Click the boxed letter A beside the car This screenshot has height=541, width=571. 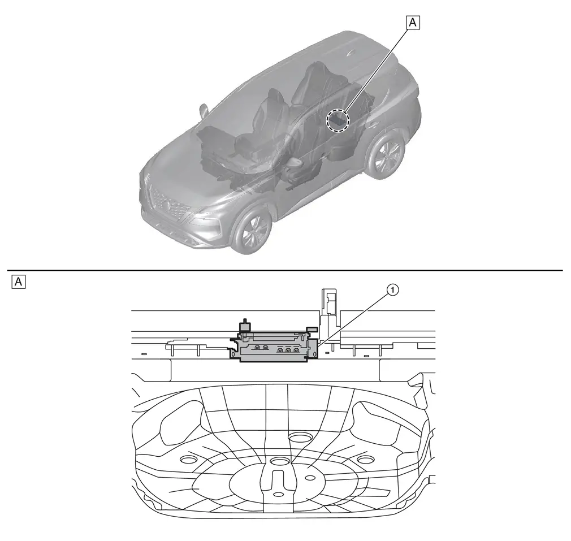pyautogui.click(x=413, y=23)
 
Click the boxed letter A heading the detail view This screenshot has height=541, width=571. pyautogui.click(x=19, y=282)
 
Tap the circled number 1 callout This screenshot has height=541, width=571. pyautogui.click(x=392, y=290)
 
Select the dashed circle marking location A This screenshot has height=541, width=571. pyautogui.click(x=338, y=120)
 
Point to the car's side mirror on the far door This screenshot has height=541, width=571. pyautogui.click(x=203, y=111)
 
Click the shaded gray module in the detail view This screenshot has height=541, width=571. pyautogui.click(x=274, y=346)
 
